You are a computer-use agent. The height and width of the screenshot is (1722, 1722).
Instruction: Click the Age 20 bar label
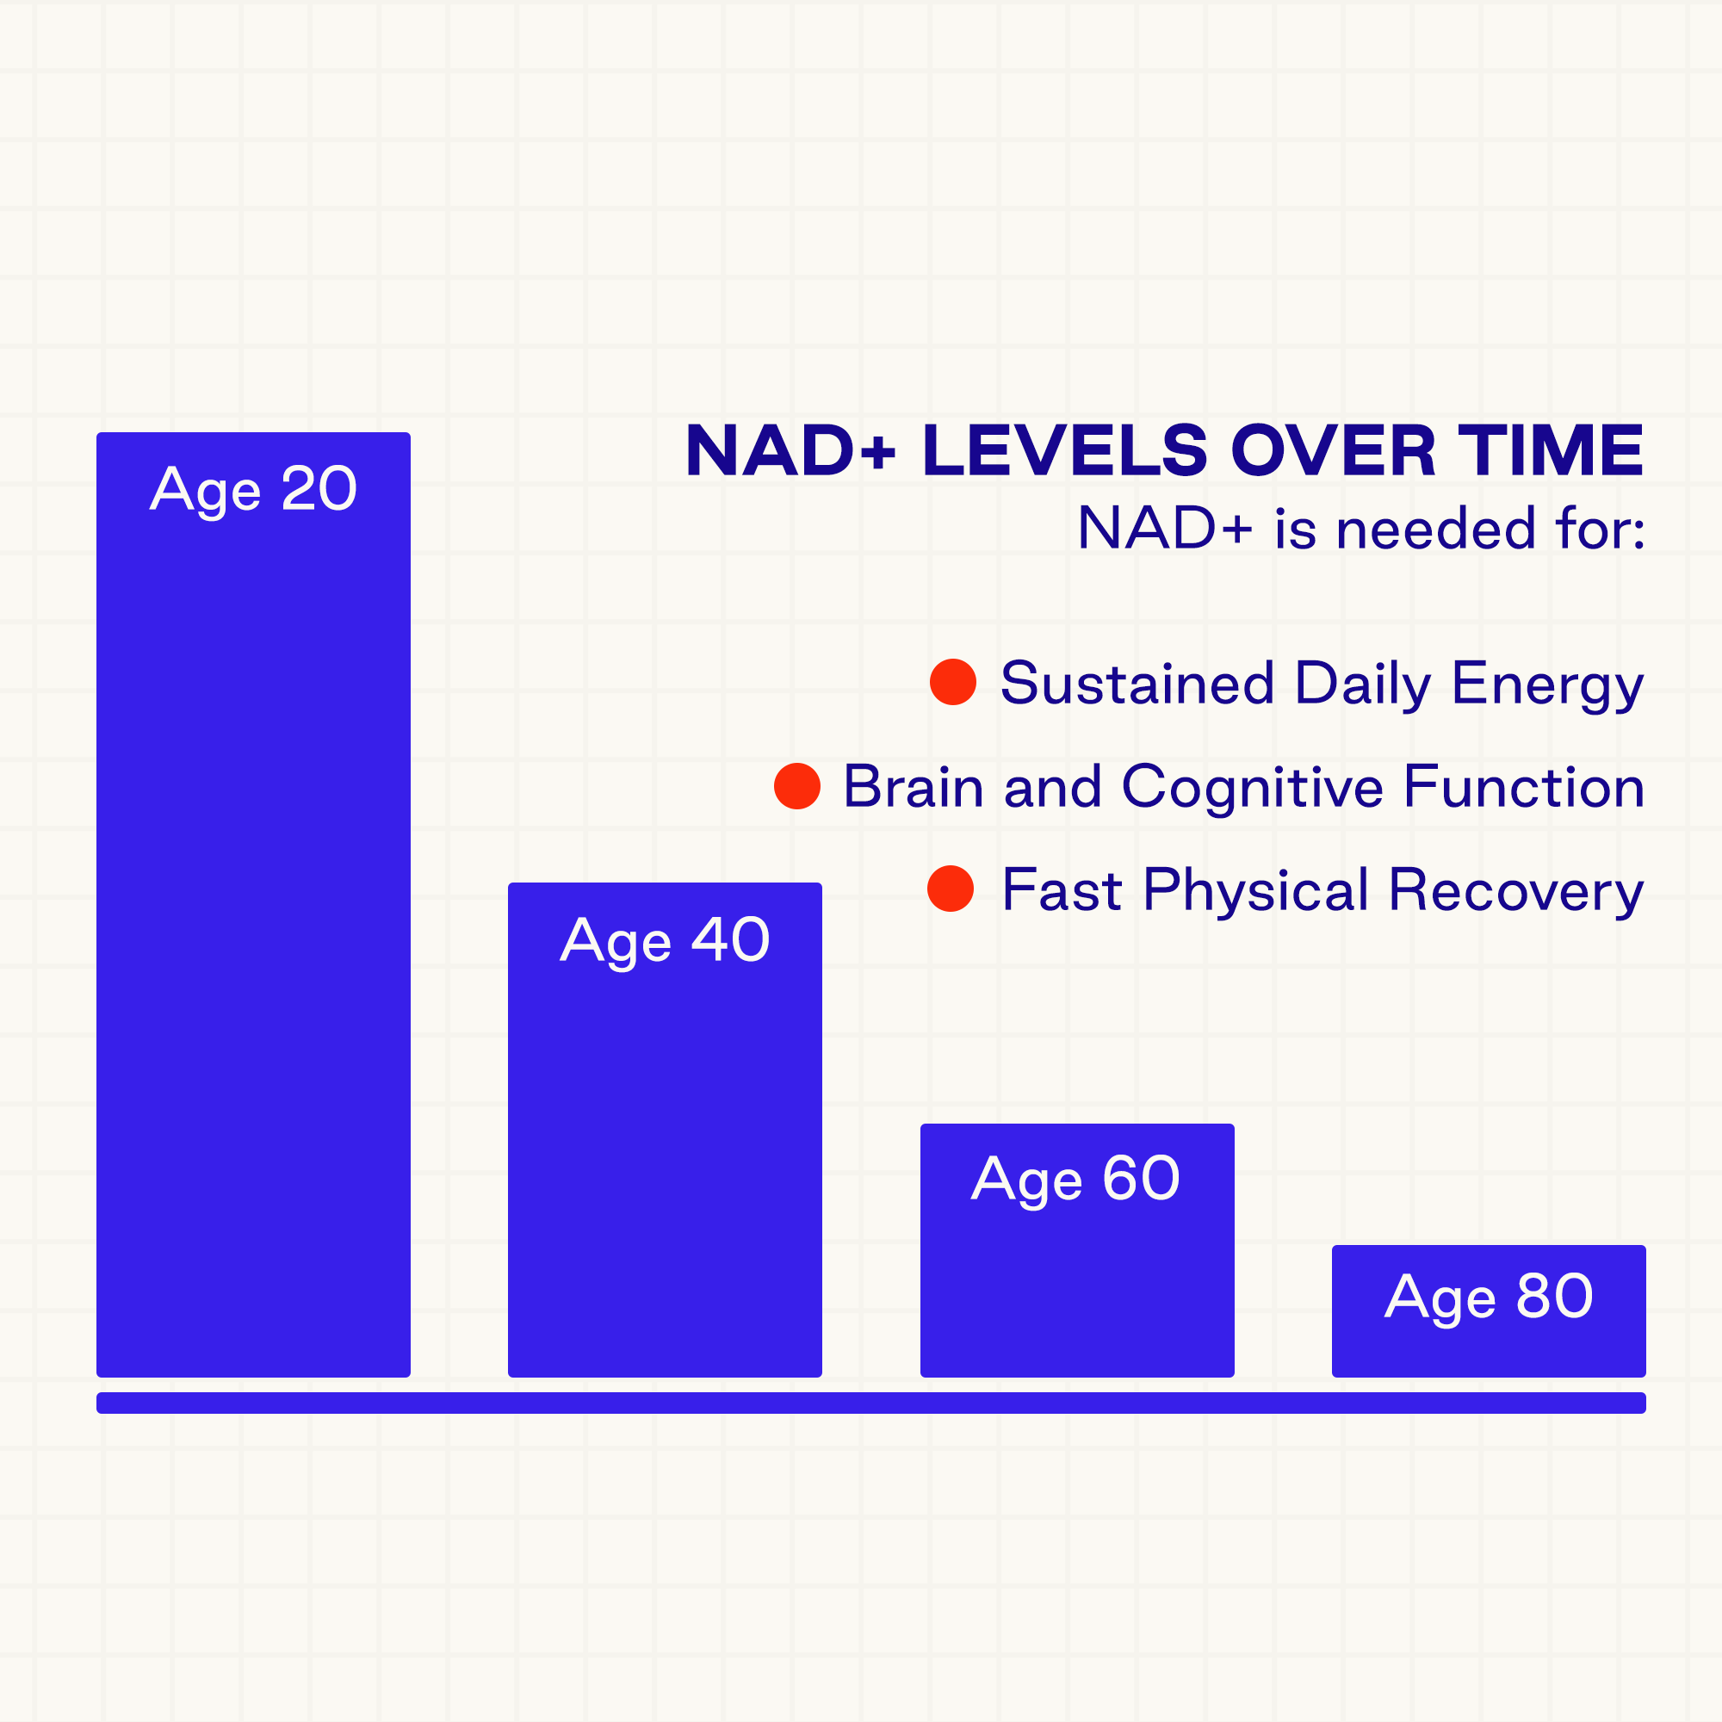(x=253, y=489)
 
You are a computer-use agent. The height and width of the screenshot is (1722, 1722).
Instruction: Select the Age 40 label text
(x=665, y=940)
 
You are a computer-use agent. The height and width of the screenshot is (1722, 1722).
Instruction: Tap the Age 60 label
(x=1075, y=1180)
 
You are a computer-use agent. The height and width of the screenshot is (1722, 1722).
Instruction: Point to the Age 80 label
(x=1489, y=1297)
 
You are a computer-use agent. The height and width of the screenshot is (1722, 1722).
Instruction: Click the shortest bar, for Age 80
(x=1489, y=1310)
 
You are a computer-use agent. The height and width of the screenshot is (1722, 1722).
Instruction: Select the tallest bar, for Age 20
(x=253, y=905)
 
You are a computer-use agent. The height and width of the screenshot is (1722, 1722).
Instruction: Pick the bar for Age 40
(x=665, y=1130)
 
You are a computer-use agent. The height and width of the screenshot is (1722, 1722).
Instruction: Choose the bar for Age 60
(x=1077, y=1249)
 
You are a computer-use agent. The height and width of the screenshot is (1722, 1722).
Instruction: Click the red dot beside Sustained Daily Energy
(x=953, y=682)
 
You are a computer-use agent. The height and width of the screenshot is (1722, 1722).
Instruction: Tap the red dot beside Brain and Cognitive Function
(x=796, y=786)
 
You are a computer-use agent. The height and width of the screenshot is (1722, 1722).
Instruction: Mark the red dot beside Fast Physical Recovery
(x=951, y=889)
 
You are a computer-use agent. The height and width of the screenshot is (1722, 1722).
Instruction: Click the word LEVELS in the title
(x=1066, y=450)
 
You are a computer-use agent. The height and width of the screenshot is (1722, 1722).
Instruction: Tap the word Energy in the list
(x=1548, y=685)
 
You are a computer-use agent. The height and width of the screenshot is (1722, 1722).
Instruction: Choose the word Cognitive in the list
(x=1252, y=789)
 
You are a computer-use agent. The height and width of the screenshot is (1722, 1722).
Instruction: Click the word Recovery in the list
(x=1516, y=891)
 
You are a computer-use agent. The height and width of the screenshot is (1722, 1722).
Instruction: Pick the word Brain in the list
(x=914, y=787)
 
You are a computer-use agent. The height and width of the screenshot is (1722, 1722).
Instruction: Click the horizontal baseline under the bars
(x=870, y=1403)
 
